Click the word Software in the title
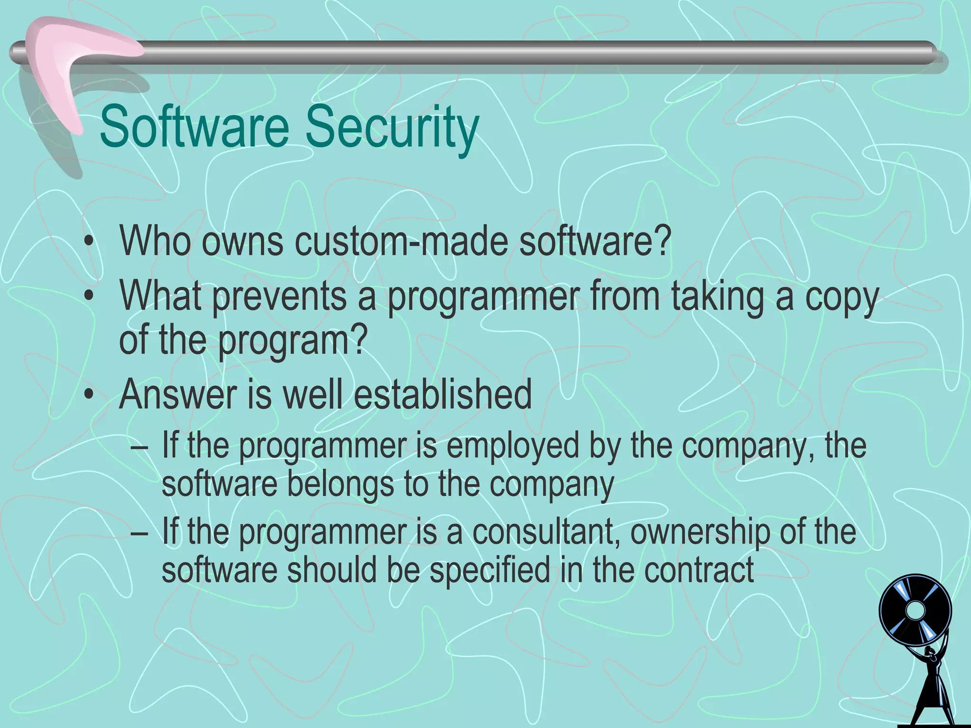pyautogui.click(x=194, y=127)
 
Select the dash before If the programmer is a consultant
pyautogui.click(x=138, y=532)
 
